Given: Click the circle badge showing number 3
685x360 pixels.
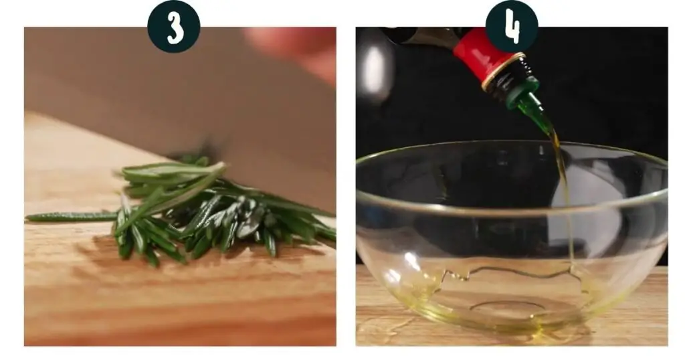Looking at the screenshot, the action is tap(174, 26).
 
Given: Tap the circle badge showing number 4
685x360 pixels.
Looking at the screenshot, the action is tap(512, 26).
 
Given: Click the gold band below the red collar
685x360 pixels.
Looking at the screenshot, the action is tap(502, 72).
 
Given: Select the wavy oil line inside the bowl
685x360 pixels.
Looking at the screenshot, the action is tap(511, 272).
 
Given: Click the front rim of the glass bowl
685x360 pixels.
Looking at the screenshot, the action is tap(512, 209).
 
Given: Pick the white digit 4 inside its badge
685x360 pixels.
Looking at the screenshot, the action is tap(512, 27).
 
